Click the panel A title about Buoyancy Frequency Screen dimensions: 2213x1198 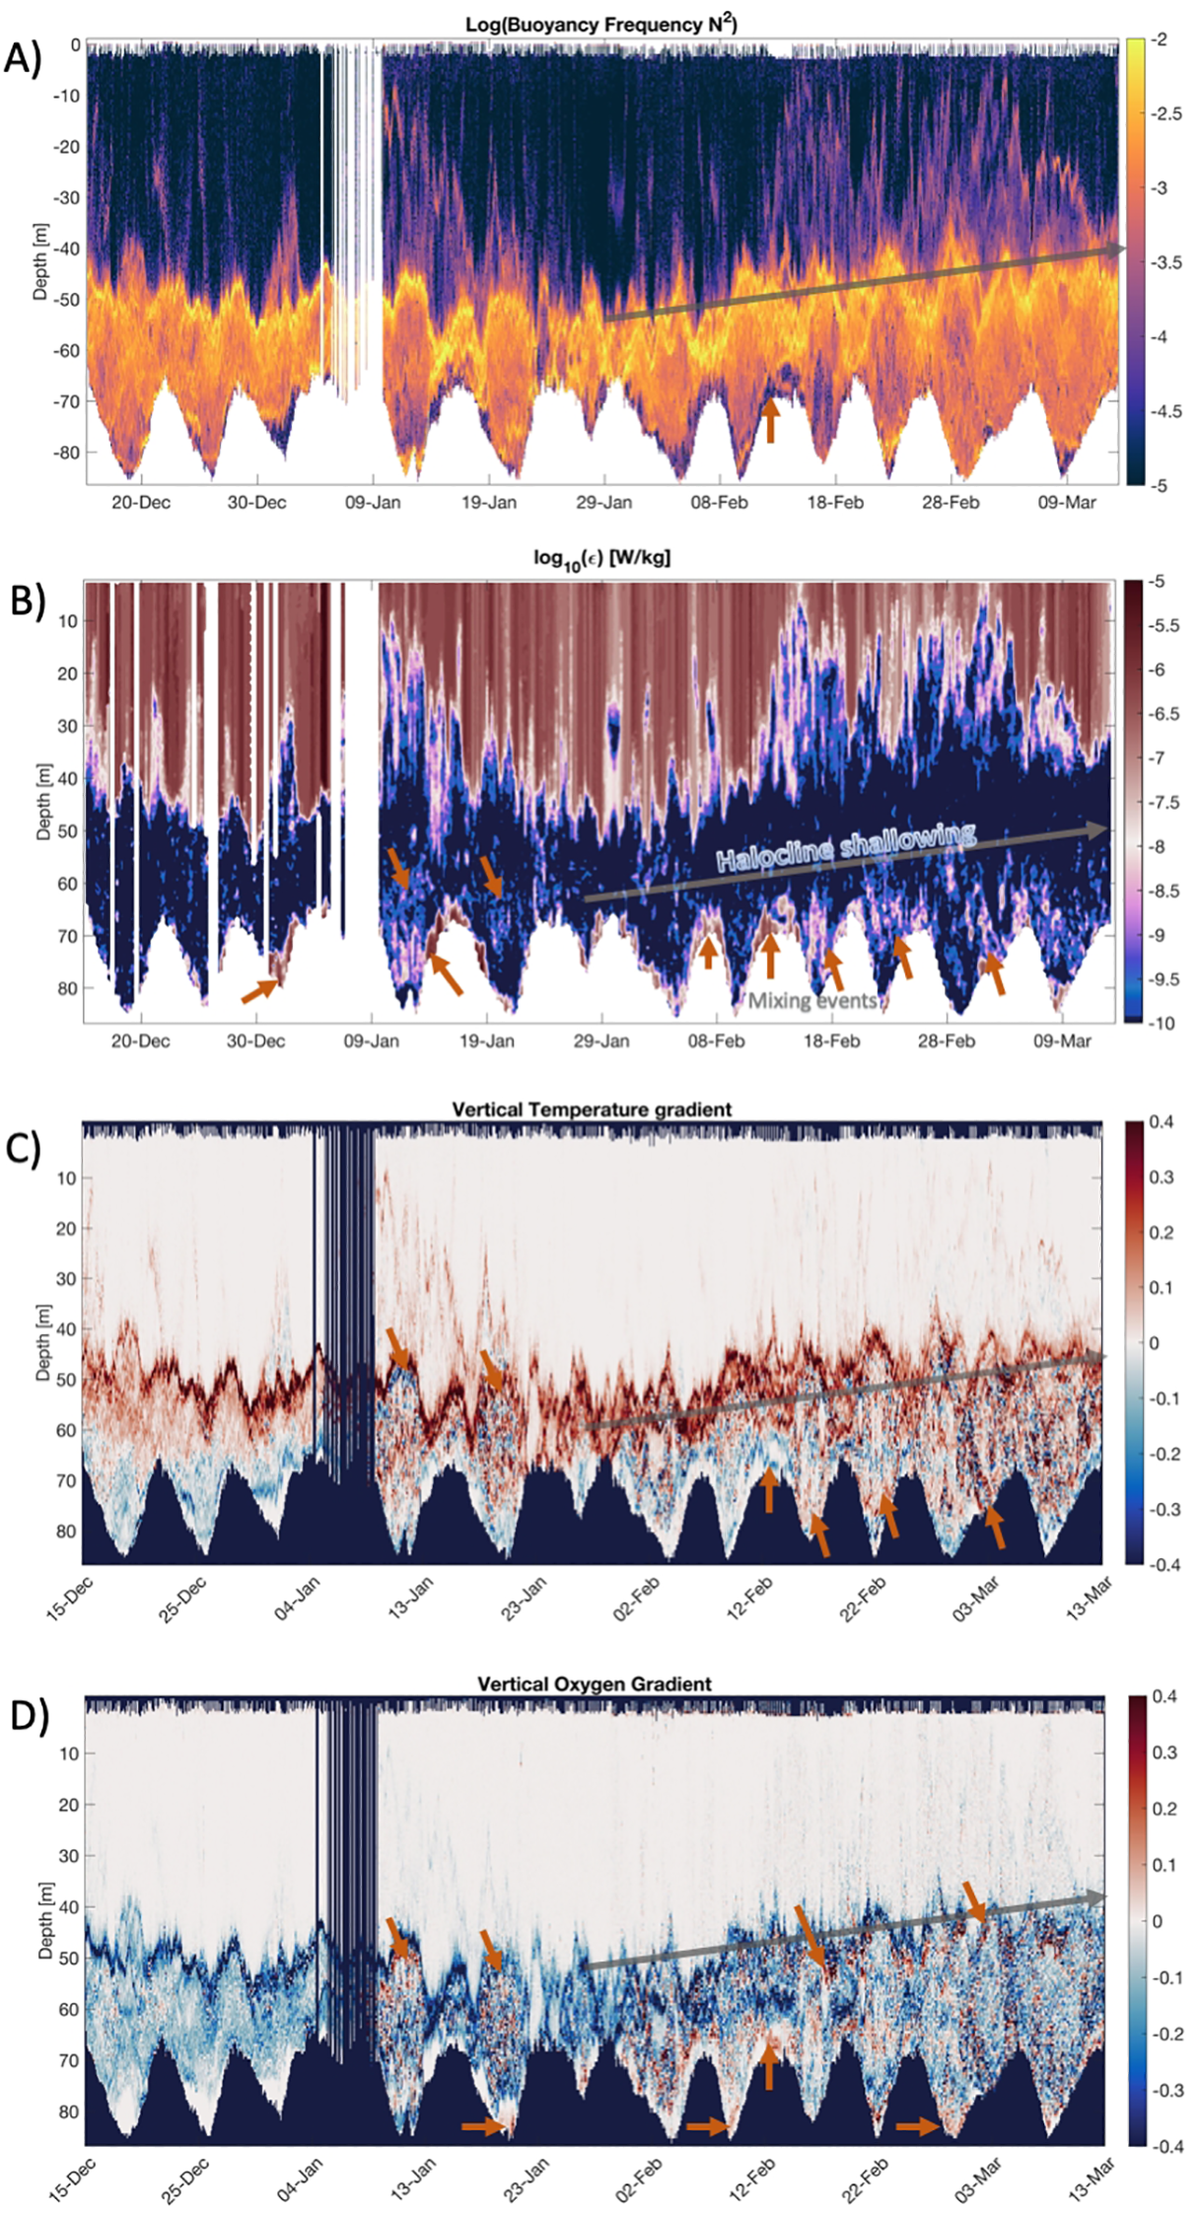600,24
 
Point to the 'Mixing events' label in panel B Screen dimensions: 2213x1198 812,1001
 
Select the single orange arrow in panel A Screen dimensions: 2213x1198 771,419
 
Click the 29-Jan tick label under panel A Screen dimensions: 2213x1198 603,503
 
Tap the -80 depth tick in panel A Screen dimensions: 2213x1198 67,453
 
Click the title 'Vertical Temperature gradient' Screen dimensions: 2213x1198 592,1109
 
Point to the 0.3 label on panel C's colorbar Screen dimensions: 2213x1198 1161,1178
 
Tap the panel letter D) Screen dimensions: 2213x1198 27,1716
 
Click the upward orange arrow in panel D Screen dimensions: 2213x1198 769,2065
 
